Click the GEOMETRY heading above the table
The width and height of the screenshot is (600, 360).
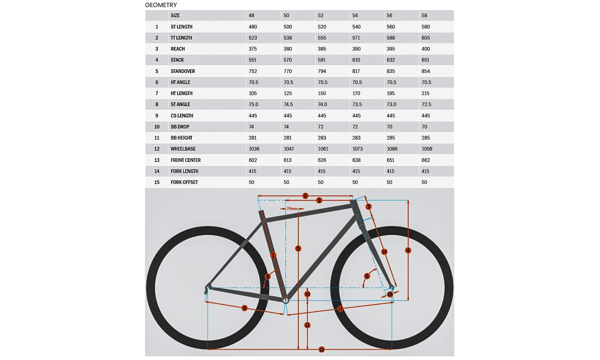[x=161, y=5]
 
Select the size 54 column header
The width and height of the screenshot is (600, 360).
[x=355, y=15]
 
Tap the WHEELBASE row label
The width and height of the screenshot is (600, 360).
[x=183, y=149]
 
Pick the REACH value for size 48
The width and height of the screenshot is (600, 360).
[x=253, y=49]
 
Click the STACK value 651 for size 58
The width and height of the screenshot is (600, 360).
[x=425, y=60]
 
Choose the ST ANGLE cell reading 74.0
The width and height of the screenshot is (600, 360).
[x=322, y=104]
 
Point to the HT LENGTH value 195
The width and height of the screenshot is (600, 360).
[x=391, y=93]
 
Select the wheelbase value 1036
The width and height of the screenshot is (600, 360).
[x=254, y=149]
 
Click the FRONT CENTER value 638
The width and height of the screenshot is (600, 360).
[x=356, y=160]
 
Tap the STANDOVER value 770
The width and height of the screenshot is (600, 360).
[x=288, y=71]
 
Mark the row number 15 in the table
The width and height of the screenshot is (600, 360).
[x=157, y=182]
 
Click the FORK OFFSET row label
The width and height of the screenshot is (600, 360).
[x=184, y=182]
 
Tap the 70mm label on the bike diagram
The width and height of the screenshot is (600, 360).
[x=292, y=209]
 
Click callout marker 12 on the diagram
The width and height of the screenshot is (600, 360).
[x=321, y=349]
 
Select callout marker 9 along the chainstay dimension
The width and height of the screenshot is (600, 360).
[x=244, y=308]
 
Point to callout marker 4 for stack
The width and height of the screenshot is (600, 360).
[x=408, y=250]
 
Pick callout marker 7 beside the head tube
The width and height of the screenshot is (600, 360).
[x=368, y=207]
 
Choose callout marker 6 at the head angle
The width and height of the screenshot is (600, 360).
[x=367, y=276]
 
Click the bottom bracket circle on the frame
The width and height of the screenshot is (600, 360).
[x=286, y=301]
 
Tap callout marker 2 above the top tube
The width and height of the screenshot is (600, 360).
[x=305, y=196]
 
